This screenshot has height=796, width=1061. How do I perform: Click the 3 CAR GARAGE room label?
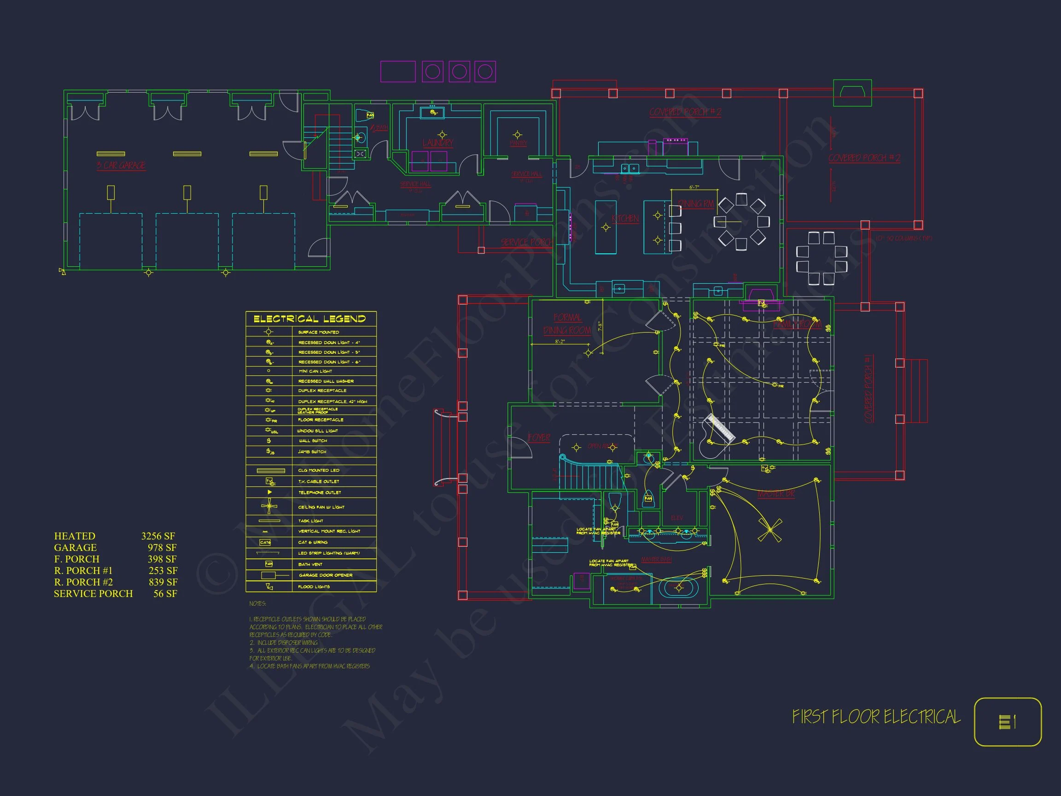click(121, 165)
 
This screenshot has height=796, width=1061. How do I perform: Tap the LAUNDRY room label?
click(437, 143)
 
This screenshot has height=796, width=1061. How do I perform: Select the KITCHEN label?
click(625, 219)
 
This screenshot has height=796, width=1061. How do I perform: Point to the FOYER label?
click(539, 438)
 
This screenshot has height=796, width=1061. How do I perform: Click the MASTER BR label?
click(775, 494)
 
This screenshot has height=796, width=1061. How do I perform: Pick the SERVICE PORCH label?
click(526, 243)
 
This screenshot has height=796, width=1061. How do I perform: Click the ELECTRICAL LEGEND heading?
click(309, 319)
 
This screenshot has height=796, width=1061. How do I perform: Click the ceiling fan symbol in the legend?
click(269, 506)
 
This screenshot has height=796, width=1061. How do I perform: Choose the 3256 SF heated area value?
click(158, 536)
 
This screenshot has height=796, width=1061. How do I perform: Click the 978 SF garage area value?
click(162, 547)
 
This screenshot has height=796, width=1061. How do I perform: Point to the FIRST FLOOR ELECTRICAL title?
click(876, 717)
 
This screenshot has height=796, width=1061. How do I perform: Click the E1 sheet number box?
click(1007, 722)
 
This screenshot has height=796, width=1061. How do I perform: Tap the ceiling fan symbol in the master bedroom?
click(770, 530)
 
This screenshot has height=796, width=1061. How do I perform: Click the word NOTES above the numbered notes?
click(257, 603)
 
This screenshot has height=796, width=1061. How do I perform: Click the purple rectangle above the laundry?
click(397, 72)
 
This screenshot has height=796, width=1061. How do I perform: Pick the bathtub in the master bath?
click(678, 588)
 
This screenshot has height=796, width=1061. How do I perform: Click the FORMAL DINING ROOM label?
click(567, 324)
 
